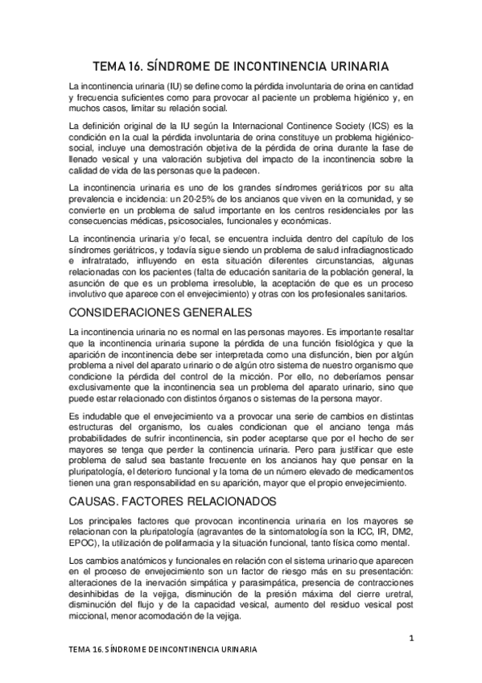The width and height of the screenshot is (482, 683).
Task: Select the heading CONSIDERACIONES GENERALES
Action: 161,311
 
